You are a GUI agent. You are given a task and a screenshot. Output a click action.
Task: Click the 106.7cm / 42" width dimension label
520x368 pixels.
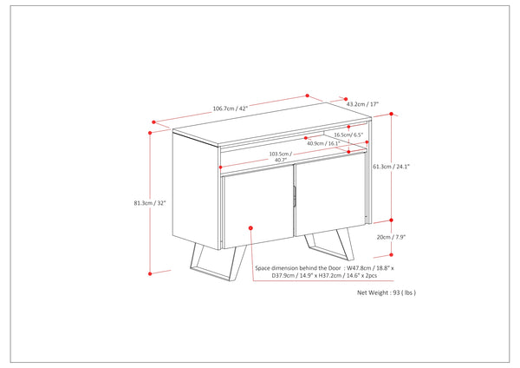point(231,108)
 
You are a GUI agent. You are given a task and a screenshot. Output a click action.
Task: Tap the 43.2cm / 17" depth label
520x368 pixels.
point(362,104)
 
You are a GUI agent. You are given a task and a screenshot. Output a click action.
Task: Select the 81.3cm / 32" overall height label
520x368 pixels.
point(150,203)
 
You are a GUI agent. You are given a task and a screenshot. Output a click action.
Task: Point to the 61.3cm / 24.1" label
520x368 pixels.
point(392,167)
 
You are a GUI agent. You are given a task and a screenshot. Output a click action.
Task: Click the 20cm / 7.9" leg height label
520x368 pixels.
point(392,237)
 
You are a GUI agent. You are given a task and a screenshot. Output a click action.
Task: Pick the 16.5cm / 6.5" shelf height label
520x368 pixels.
point(348,135)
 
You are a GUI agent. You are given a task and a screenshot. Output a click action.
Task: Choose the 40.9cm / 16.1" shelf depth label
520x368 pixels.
point(323,143)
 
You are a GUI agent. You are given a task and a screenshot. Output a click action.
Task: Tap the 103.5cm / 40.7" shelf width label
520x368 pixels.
point(281,157)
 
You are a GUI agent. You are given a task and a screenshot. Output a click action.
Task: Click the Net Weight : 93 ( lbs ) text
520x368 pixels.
point(387,292)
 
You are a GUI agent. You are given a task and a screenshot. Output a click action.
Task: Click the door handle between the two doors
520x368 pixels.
point(294,198)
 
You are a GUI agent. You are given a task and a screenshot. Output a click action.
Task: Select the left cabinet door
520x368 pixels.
point(258,207)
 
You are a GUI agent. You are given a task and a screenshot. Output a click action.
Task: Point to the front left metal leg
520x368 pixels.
point(218,262)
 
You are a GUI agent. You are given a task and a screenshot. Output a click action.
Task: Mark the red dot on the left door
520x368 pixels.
point(250,228)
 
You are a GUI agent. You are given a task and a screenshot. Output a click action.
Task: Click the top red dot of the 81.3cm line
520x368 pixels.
point(150,133)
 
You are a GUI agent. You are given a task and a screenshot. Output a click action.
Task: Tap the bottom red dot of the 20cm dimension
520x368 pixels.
point(392,255)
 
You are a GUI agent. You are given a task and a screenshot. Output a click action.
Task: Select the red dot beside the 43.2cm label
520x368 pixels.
point(346,99)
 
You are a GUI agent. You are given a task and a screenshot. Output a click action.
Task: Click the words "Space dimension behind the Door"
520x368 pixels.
point(298,268)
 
